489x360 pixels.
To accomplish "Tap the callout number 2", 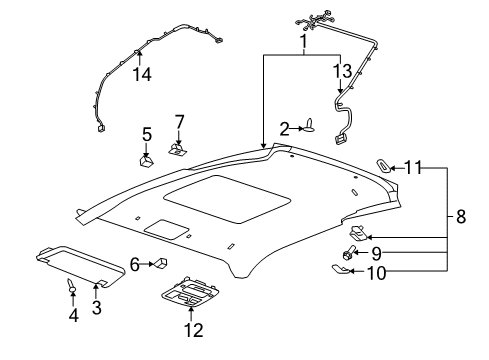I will point(284,128).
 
